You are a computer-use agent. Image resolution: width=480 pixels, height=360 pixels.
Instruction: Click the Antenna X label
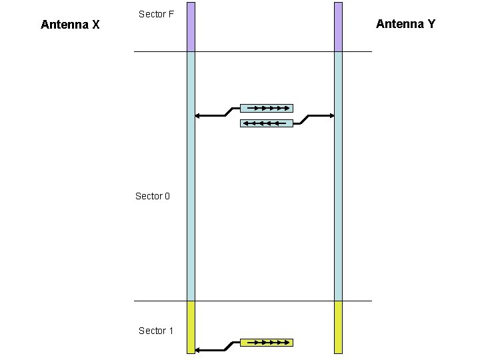(70, 25)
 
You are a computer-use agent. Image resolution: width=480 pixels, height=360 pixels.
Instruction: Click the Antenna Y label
(405, 24)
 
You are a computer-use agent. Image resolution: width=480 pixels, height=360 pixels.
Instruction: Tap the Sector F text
(156, 14)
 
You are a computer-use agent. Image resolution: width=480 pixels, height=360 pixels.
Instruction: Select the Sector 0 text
(153, 196)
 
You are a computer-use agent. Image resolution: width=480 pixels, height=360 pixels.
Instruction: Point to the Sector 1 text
(156, 331)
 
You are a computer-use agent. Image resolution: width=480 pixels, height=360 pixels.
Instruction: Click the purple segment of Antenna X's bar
(191, 27)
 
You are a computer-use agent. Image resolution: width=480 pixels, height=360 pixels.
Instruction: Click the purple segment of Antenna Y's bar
(338, 27)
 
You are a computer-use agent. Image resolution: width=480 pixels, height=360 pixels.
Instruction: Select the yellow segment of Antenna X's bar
(191, 327)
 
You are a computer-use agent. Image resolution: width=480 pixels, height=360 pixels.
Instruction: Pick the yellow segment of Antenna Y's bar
(338, 327)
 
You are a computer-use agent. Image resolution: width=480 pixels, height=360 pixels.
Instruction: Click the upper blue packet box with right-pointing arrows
(267, 108)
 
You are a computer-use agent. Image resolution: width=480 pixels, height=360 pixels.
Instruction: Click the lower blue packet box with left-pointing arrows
(267, 123)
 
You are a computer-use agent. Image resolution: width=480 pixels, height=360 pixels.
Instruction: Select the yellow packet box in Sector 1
(267, 343)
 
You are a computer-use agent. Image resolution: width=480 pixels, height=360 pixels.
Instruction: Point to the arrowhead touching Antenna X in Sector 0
(197, 116)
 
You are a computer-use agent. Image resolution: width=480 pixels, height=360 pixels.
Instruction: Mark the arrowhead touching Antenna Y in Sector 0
(331, 116)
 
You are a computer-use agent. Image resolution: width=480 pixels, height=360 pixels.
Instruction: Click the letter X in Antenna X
(96, 25)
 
